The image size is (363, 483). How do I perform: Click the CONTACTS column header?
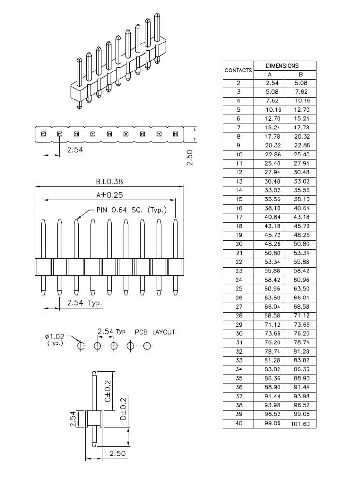point(238,70)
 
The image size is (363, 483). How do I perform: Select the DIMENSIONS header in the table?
point(282,66)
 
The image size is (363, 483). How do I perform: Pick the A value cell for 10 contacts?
point(272,155)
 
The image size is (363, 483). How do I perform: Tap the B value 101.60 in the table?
point(300,424)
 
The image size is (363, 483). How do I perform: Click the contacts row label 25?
point(239,289)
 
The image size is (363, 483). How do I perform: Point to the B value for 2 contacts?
point(301,83)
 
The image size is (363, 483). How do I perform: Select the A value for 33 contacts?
point(272,360)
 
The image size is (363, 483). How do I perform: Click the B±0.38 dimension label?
point(109,182)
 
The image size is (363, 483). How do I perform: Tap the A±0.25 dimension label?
point(109,195)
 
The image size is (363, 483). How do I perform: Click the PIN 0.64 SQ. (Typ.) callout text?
point(131,210)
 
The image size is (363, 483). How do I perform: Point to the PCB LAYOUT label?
point(155,332)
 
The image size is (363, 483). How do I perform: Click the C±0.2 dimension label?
point(108,391)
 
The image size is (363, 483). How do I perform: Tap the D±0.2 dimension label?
point(123,409)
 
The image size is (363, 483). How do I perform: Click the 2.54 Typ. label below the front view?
point(84,303)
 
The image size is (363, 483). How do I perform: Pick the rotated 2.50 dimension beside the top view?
point(190,157)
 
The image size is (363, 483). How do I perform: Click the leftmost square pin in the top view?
point(43,134)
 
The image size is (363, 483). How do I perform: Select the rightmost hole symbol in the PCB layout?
point(147,346)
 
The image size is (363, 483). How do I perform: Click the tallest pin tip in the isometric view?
point(157,14)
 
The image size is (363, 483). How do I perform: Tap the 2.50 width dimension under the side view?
point(117,454)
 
